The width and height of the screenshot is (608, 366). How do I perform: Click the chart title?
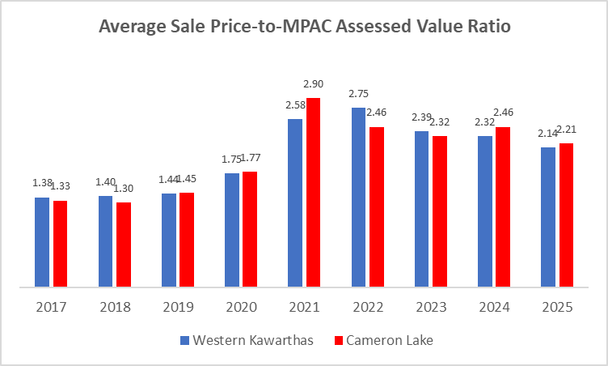pyautogui.click(x=304, y=27)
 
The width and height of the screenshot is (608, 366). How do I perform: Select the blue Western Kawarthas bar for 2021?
pyautogui.click(x=295, y=202)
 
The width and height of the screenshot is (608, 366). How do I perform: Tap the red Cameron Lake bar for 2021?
pyautogui.click(x=313, y=192)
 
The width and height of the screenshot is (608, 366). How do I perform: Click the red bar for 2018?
pyautogui.click(x=123, y=244)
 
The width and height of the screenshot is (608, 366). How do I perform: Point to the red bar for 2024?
pyautogui.click(x=503, y=206)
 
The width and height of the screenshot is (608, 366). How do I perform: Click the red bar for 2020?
pyautogui.click(x=250, y=228)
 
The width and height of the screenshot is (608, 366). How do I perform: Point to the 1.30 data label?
pyautogui.click(x=123, y=189)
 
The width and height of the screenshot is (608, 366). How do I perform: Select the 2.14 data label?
pyautogui.click(x=549, y=134)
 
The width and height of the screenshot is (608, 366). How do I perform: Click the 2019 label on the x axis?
pyautogui.click(x=178, y=308)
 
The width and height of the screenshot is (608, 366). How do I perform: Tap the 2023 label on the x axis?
pyautogui.click(x=431, y=308)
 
